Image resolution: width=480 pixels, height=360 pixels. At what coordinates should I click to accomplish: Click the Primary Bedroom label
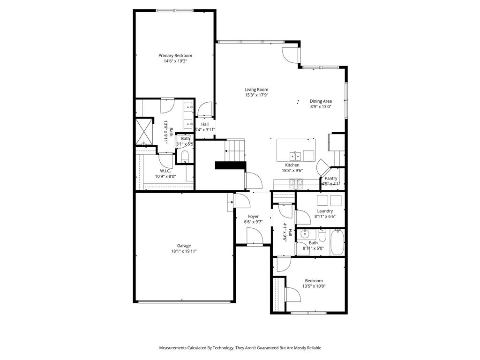point(175,55)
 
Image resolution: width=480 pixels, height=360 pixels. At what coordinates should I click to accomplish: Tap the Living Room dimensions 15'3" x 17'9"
point(256,95)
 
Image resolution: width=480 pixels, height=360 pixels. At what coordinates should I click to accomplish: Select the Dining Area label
point(321,101)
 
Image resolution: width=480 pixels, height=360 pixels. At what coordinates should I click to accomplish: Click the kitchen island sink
point(295,156)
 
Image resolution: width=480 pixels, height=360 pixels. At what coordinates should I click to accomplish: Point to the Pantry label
point(331,178)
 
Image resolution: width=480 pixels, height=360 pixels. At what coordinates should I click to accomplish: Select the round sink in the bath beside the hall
point(305,234)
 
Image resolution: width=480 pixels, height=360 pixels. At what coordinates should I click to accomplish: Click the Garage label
point(184,246)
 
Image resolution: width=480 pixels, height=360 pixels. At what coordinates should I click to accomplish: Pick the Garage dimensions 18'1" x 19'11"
point(184,251)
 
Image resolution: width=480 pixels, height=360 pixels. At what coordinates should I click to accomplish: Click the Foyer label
point(253,217)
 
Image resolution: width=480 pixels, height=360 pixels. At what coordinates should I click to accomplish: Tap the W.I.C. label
point(165,171)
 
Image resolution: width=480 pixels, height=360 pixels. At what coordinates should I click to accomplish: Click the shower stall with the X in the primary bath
point(144,131)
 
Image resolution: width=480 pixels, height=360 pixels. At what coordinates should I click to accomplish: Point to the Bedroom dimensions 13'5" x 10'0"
point(314,286)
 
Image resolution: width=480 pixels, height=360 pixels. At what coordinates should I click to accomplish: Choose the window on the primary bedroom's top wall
point(175,11)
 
